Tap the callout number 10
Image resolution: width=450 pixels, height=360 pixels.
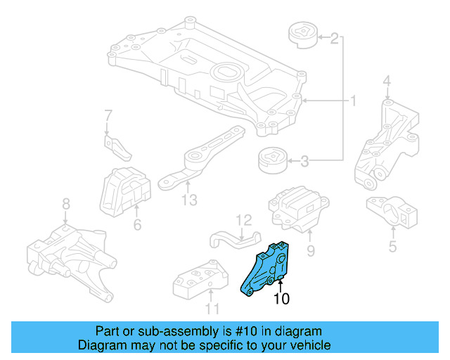pos(281,299)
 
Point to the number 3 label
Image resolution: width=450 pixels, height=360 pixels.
pos(304,162)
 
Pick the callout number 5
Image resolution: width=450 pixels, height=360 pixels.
pos(392,246)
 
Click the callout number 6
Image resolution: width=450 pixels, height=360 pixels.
pos(137,225)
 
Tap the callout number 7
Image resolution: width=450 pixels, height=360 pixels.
pos(108,115)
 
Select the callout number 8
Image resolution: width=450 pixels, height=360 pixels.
pos(65,204)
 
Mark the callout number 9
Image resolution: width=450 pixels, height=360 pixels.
pos(311,250)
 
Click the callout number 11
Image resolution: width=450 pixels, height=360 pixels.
pos(212,308)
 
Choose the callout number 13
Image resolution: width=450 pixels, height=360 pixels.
pos(188,201)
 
